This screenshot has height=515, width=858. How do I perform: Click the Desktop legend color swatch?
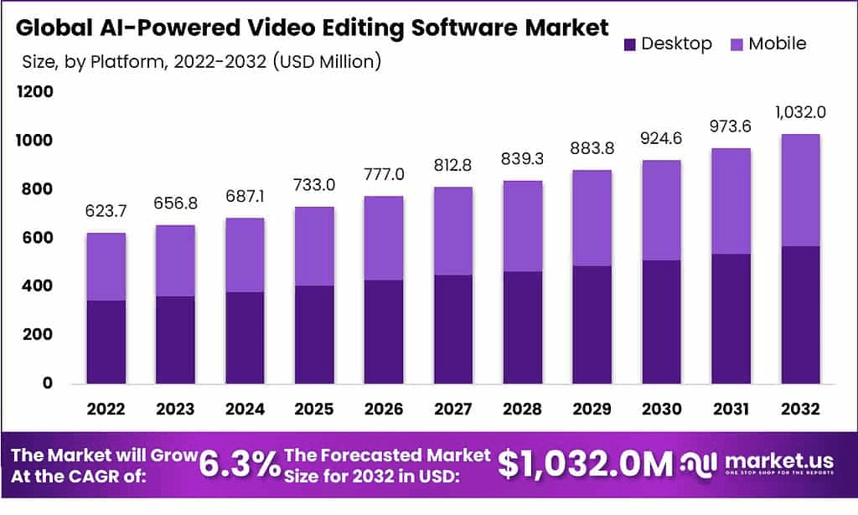coord(631,44)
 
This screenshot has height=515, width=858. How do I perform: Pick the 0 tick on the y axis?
coord(48,384)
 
